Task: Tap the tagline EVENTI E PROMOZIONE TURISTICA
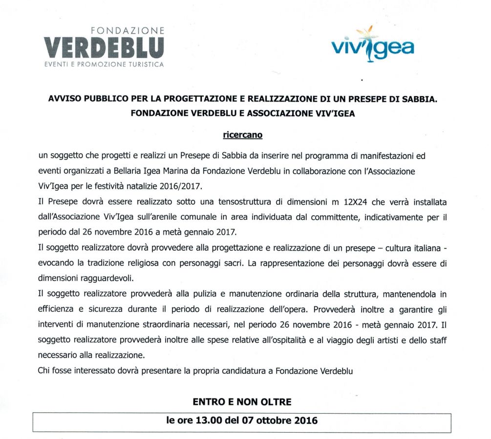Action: [104, 64]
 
